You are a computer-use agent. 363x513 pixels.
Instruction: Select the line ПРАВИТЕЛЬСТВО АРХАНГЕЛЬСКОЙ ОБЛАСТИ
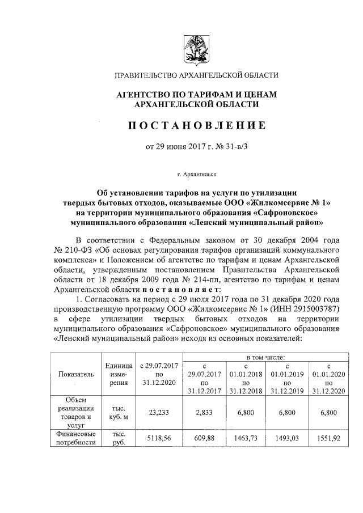pyautogui.click(x=196, y=75)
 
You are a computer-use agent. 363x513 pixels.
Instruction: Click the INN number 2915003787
pyautogui.click(x=312, y=310)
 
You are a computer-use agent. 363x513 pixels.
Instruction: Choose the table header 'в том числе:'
pyautogui.click(x=265, y=358)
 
